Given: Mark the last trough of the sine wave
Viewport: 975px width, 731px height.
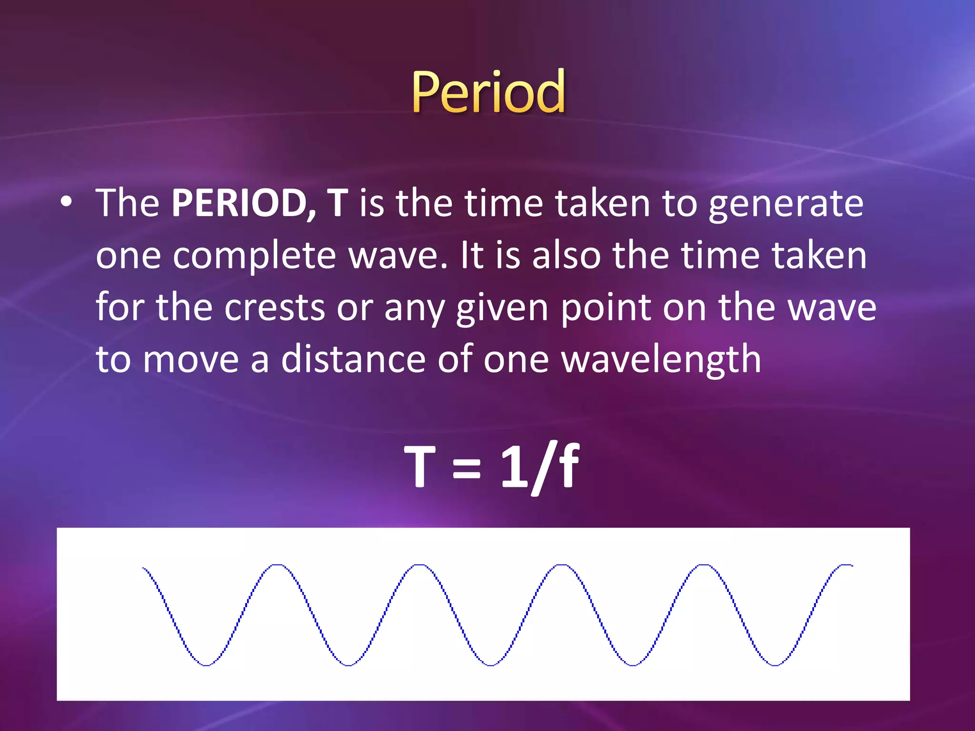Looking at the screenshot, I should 775,665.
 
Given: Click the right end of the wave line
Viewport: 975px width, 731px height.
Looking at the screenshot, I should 851,565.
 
